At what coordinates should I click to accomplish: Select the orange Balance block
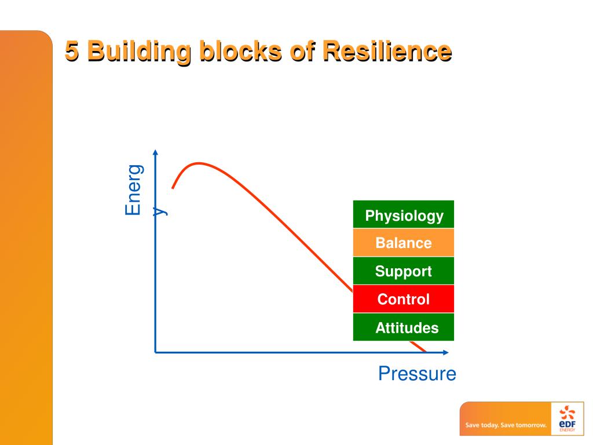(404, 243)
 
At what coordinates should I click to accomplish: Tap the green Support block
(404, 271)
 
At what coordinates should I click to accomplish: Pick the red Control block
(404, 300)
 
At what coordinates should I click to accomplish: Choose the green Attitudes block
(404, 328)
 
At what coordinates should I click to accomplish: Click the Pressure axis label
(417, 374)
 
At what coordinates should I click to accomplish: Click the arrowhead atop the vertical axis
(155, 152)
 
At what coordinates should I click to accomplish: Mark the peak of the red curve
(199, 163)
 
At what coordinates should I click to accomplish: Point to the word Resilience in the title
(386, 52)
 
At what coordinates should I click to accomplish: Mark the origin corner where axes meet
(155, 352)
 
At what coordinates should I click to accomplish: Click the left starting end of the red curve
(173, 188)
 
